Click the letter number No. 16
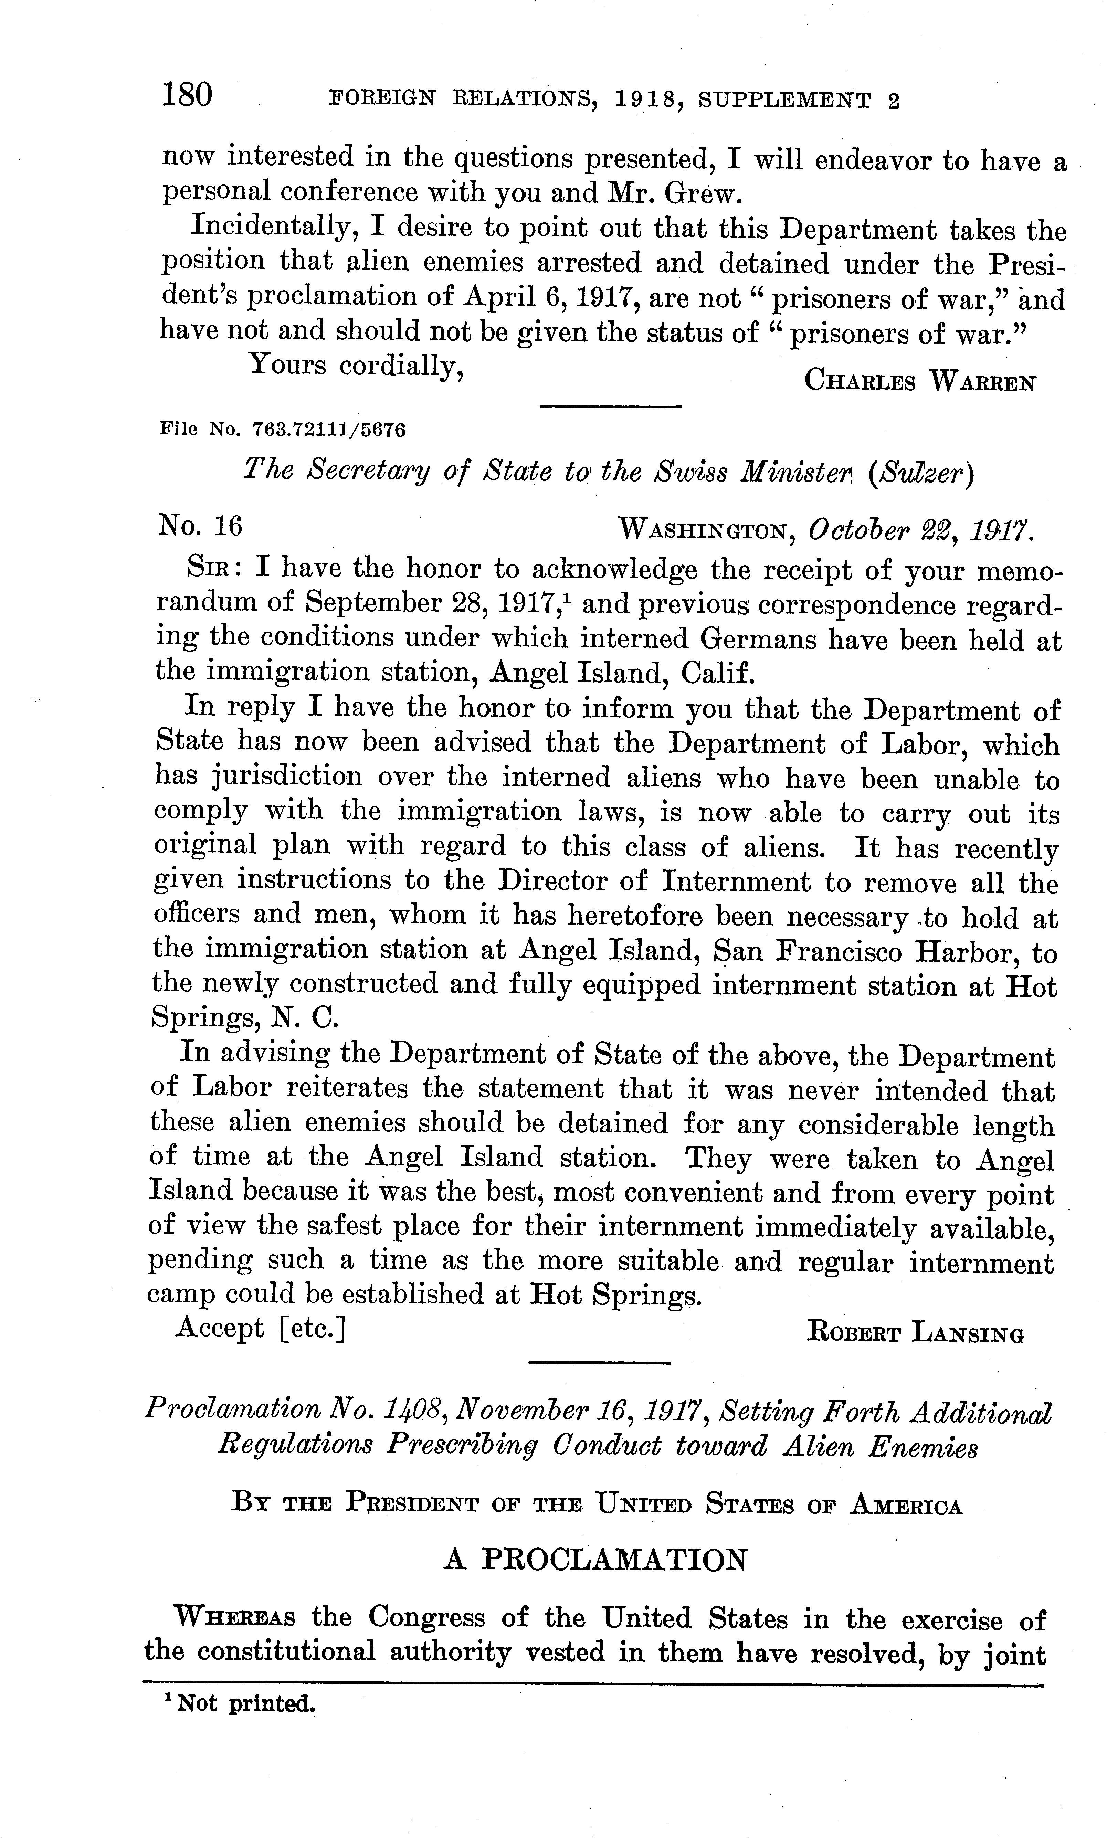pos(200,527)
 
